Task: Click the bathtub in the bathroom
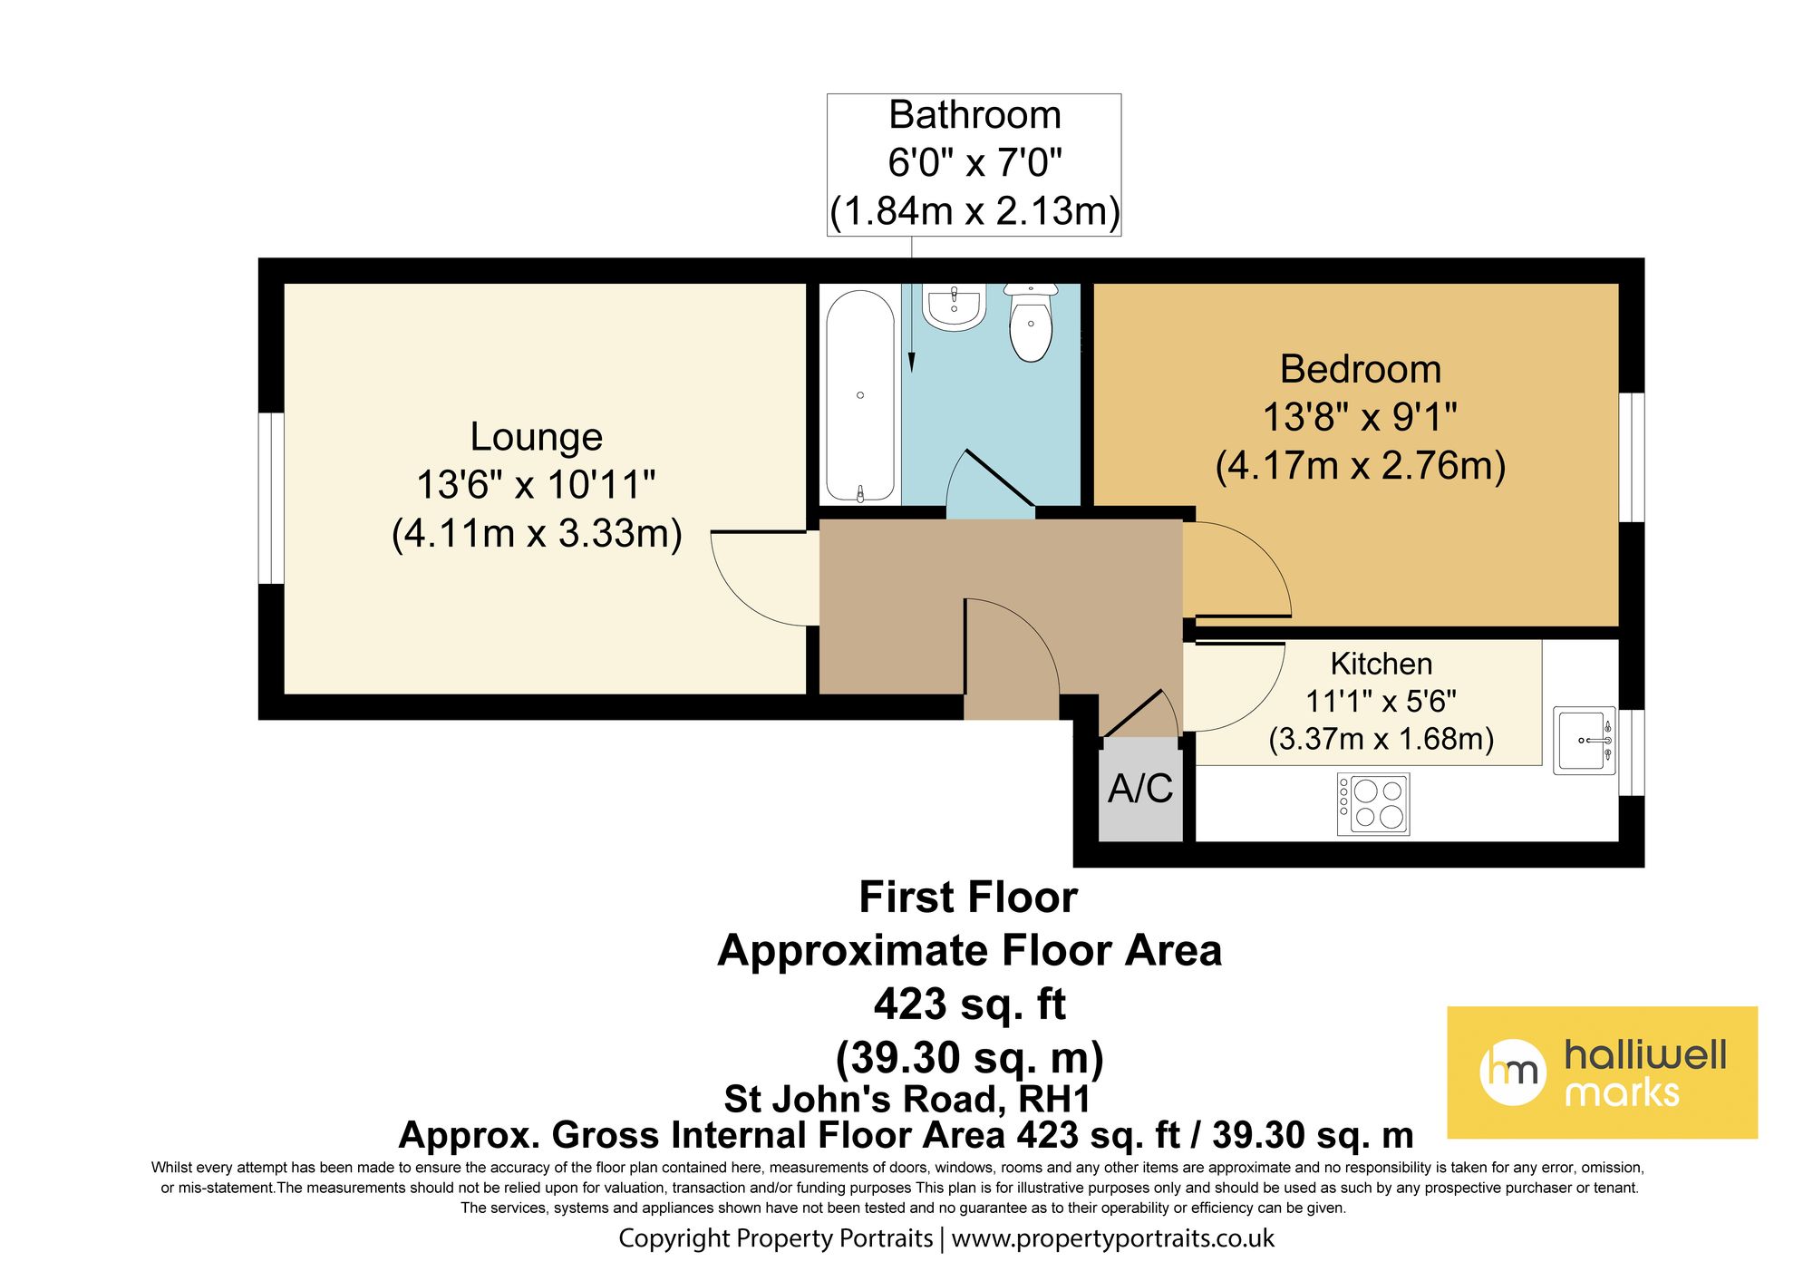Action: pos(860,396)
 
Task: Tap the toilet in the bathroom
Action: pos(1031,322)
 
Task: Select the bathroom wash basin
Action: pos(954,306)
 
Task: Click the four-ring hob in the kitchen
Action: pos(1373,803)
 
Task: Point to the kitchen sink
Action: pos(1585,741)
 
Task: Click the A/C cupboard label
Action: pos(1140,789)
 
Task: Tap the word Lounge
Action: pos(537,437)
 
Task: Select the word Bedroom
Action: pos(1361,369)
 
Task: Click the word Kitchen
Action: pos(1382,664)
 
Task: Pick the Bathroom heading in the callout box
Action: pos(974,115)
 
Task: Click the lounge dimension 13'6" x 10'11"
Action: pos(536,485)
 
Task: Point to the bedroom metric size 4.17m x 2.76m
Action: pos(1361,465)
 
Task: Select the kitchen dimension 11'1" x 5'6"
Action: pos(1381,701)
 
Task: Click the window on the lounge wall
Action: pos(271,499)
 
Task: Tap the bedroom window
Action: pos(1632,458)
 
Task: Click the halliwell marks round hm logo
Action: pos(1513,1072)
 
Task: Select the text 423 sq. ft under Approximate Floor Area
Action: pos(970,1004)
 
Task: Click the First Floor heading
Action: pos(968,898)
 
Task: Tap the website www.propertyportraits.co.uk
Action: pos(1113,1238)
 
